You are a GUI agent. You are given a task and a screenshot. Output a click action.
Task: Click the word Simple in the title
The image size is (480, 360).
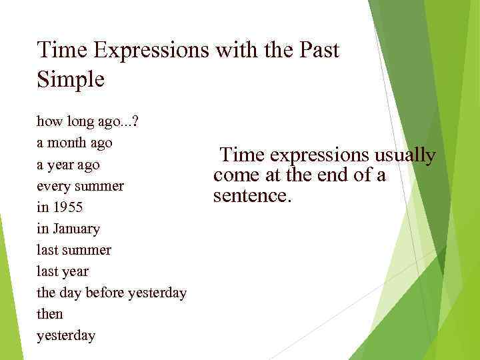[x=71, y=79]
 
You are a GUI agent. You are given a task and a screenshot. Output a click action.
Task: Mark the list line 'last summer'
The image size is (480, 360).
[x=74, y=250]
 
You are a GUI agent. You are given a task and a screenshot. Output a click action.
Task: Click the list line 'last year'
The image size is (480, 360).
[x=63, y=271]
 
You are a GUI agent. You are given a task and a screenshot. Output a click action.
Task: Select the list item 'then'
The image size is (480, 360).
[x=50, y=314]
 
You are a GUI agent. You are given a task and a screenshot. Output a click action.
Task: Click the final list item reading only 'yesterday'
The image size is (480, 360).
[x=66, y=335]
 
